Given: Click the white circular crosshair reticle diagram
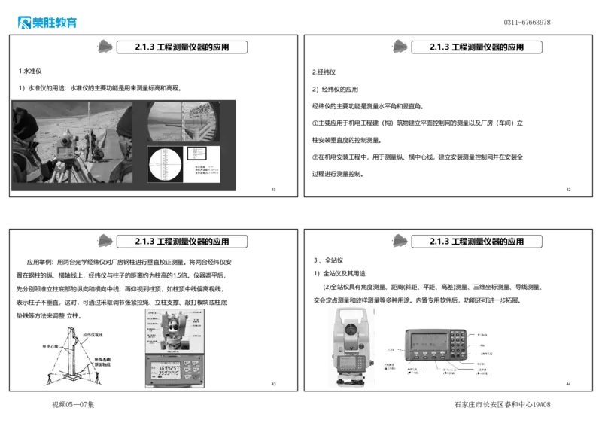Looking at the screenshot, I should [x=166, y=163].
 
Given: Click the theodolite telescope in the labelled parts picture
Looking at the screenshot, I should [x=175, y=326].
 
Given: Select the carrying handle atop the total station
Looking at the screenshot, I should [x=351, y=309].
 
